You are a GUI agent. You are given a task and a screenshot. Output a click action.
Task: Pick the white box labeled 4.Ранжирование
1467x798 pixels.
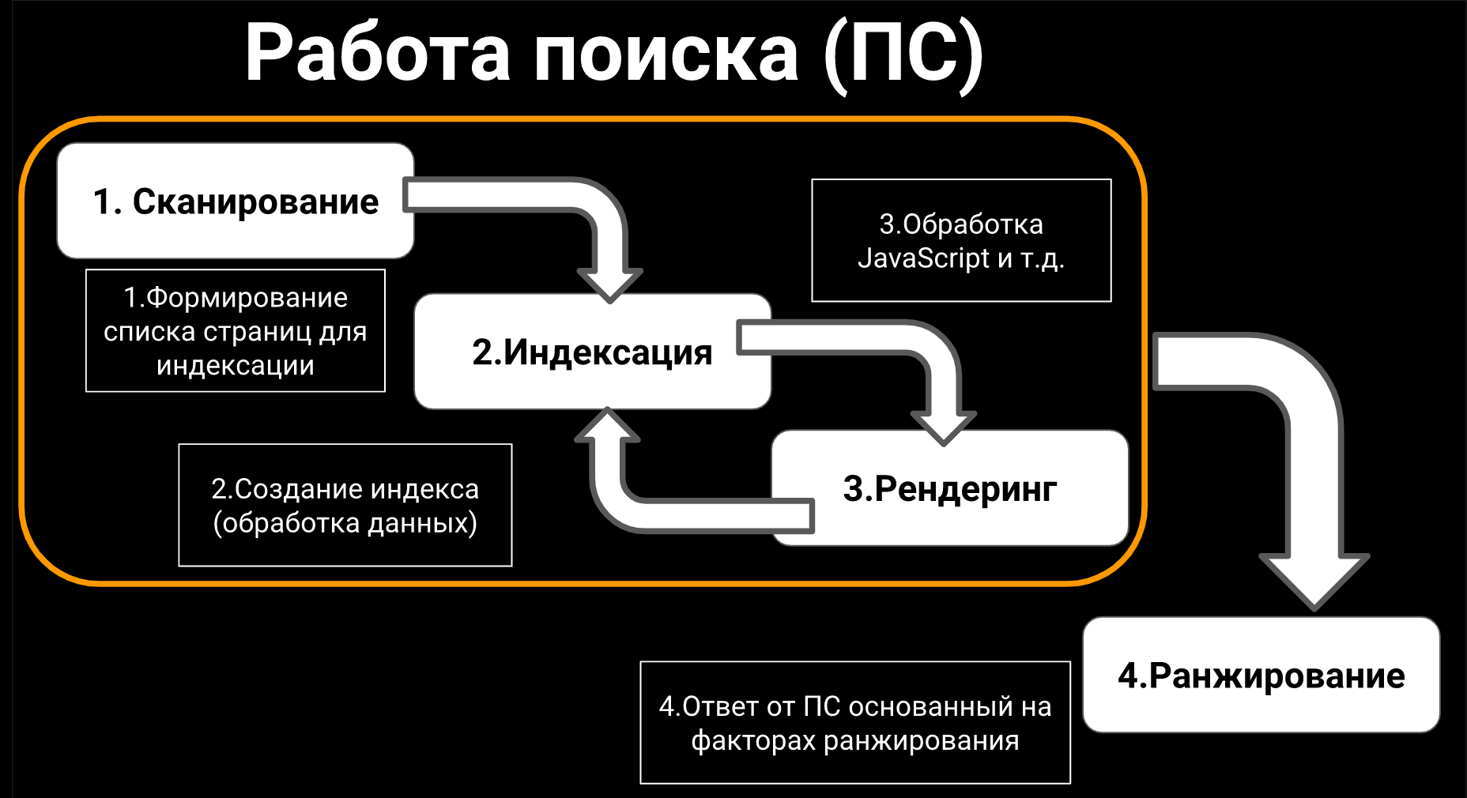pyautogui.click(x=1261, y=676)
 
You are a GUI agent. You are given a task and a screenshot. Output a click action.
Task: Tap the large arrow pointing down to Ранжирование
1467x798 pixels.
pyautogui.click(x=1312, y=474)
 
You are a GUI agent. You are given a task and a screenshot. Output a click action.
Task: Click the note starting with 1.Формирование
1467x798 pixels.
pyautogui.click(x=236, y=331)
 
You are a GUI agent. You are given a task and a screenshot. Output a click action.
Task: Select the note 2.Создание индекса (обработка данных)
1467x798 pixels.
pyautogui.click(x=345, y=506)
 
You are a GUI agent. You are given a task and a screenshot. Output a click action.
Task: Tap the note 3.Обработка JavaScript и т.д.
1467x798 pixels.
pyautogui.click(x=961, y=241)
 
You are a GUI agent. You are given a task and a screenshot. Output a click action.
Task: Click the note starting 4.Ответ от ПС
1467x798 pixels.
pyautogui.click(x=855, y=723)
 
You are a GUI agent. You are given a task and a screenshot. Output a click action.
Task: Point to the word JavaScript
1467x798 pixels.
pyautogui.click(x=923, y=258)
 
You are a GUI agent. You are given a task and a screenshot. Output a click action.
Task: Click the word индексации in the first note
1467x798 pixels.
pyautogui.click(x=236, y=366)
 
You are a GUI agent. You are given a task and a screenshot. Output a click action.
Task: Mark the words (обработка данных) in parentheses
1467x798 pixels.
pyautogui.click(x=345, y=523)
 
